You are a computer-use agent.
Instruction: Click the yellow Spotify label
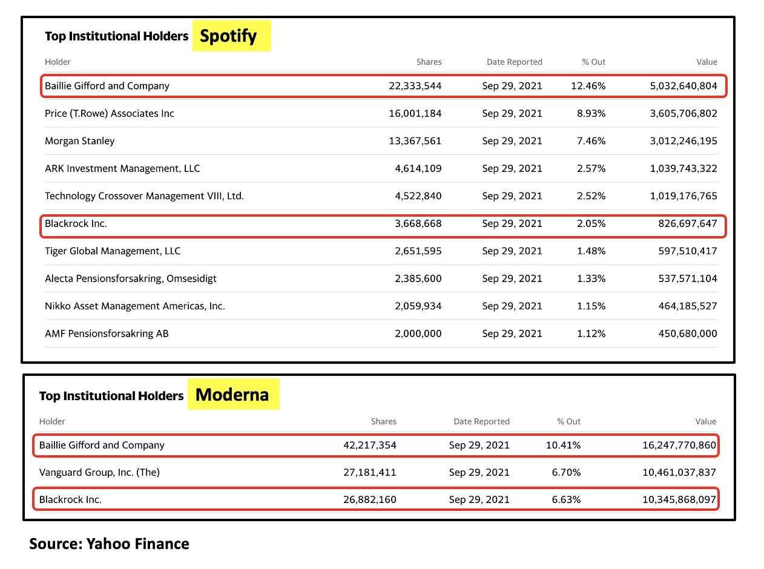pyautogui.click(x=231, y=36)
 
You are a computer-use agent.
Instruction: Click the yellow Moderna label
pyautogui.click(x=234, y=394)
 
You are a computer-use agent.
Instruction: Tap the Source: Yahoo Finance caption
pyautogui.click(x=109, y=544)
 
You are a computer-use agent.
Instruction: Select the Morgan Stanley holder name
pyautogui.click(x=79, y=141)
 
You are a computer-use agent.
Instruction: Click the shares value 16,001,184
pyautogui.click(x=415, y=113)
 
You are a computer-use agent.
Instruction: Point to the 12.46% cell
pyautogui.click(x=588, y=86)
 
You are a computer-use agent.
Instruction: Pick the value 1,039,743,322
pyautogui.click(x=683, y=168)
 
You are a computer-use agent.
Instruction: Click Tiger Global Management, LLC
pyautogui.click(x=113, y=251)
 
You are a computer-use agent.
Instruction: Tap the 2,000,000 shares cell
pyautogui.click(x=418, y=334)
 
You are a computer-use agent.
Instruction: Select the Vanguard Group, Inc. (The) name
pyautogui.click(x=99, y=472)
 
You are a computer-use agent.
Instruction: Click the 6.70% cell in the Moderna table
pyautogui.click(x=566, y=472)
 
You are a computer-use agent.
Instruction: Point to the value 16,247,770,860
pyautogui.click(x=679, y=445)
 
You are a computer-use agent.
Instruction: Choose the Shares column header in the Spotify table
pyautogui.click(x=429, y=62)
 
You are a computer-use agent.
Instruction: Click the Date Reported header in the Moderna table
pyautogui.click(x=481, y=421)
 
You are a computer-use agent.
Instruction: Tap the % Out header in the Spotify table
pyautogui.click(x=593, y=62)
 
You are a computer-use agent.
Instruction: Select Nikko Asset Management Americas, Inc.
pyautogui.click(x=134, y=306)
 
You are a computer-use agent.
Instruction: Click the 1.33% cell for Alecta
pyautogui.click(x=591, y=278)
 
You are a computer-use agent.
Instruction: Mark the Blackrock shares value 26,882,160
pyautogui.click(x=370, y=499)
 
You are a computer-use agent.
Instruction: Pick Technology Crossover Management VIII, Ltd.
pyautogui.click(x=144, y=196)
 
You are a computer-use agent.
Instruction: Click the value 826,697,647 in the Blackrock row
pyautogui.click(x=688, y=223)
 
